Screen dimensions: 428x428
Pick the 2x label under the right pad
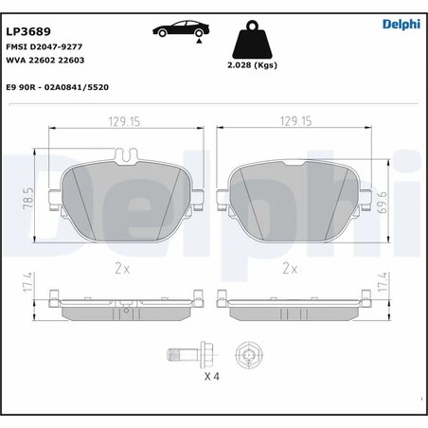(x=289, y=268)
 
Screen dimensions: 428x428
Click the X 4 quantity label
(x=213, y=376)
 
